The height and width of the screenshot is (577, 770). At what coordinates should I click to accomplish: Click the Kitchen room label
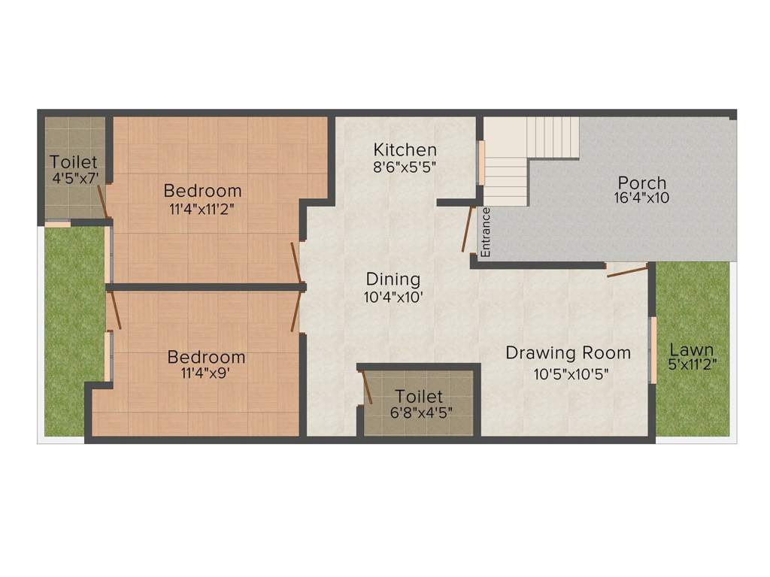tap(405, 150)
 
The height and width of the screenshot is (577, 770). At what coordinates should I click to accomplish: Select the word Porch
tap(641, 183)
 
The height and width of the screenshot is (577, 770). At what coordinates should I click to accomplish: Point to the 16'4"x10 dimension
tap(641, 198)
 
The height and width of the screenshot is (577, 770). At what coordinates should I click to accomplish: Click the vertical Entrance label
tap(486, 232)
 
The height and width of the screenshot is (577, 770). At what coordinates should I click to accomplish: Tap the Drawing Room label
tap(568, 352)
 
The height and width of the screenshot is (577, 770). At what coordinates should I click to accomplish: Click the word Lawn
tap(692, 350)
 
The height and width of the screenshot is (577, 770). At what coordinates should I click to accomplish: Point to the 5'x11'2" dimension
tap(692, 366)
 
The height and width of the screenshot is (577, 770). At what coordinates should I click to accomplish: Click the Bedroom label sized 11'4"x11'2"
tap(203, 191)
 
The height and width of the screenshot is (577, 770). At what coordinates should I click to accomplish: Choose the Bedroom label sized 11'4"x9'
tap(206, 357)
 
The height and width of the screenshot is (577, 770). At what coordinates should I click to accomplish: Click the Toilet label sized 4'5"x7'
tap(74, 162)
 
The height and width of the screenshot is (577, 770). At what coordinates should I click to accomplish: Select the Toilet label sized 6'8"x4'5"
tap(419, 396)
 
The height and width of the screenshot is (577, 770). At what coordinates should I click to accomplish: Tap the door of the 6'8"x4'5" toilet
tap(367, 388)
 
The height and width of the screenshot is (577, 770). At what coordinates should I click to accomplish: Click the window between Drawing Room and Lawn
tap(653, 350)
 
